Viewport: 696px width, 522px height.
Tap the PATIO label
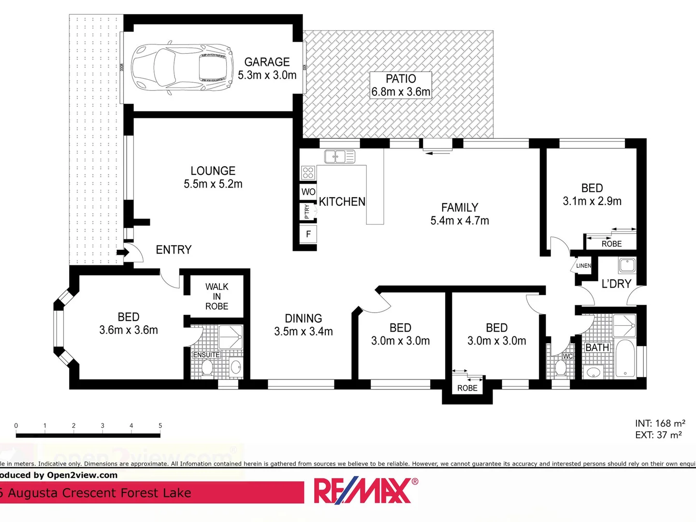(x=401, y=79)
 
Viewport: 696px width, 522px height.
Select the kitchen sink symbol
(x=339, y=157)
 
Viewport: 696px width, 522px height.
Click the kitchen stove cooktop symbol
(x=308, y=172)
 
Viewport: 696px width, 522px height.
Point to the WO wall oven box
(x=308, y=192)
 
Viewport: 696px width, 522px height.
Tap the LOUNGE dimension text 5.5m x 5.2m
(x=213, y=184)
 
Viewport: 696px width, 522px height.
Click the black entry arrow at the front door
(x=122, y=252)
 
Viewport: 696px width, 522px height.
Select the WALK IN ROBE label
(x=217, y=296)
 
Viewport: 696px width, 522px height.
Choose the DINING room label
(x=303, y=319)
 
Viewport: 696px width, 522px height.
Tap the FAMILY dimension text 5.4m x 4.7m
(x=460, y=221)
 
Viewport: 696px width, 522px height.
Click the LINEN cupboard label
(x=583, y=266)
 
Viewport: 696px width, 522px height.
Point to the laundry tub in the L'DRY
(x=627, y=265)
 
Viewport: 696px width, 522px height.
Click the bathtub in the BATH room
(x=625, y=359)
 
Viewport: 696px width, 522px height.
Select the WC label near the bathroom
(x=568, y=356)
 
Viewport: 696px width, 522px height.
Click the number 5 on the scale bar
(x=160, y=426)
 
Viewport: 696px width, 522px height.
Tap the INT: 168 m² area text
(x=660, y=423)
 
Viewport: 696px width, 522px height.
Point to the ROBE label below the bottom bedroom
(x=467, y=388)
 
